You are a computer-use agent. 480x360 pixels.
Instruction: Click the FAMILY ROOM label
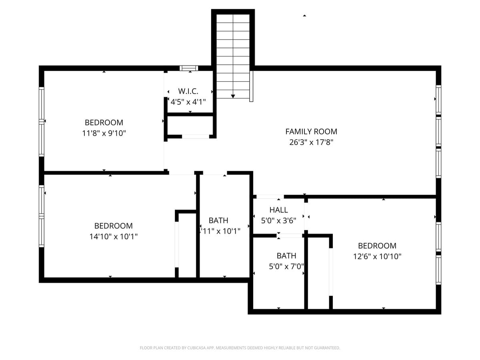pos(311,131)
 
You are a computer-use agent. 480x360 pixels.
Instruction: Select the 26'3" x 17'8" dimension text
pos(311,142)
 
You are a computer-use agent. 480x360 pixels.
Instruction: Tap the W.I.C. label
pos(188,91)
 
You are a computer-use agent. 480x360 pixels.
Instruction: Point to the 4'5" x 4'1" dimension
pos(188,102)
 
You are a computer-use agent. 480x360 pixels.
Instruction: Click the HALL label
pos(278,210)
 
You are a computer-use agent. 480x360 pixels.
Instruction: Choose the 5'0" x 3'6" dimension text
pos(278,220)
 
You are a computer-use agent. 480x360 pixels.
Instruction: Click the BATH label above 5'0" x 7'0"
pos(286,256)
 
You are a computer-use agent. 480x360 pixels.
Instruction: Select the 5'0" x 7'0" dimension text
pos(286,266)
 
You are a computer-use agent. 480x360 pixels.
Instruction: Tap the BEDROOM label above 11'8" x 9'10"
pos(104,122)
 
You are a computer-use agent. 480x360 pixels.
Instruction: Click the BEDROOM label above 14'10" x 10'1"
pos(114,226)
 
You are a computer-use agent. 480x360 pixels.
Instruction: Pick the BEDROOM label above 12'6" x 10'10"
pos(377,246)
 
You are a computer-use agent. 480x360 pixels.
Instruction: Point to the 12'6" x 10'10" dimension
pos(377,256)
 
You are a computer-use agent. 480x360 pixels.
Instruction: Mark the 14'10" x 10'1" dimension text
pos(114,236)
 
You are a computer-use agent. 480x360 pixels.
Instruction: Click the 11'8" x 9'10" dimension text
pos(104,133)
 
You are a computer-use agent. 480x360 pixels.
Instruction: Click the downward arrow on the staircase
pos(233,96)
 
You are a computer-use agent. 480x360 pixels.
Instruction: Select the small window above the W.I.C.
pos(189,68)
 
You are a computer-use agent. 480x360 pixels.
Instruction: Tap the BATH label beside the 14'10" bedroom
pos(218,220)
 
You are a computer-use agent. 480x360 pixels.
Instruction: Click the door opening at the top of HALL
pos(270,197)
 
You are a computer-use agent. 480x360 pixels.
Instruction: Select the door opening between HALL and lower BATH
pos(290,236)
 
